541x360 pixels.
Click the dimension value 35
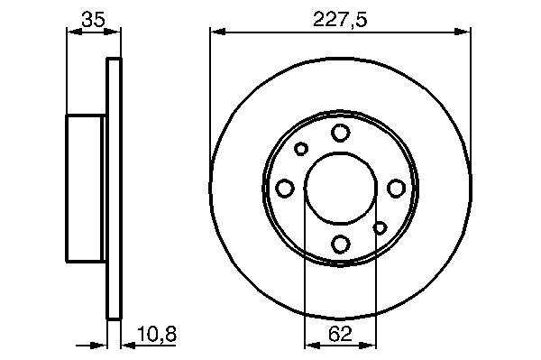(x=93, y=19)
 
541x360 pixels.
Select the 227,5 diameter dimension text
(x=340, y=19)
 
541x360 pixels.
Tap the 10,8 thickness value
(x=157, y=334)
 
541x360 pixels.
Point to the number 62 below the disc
(x=340, y=334)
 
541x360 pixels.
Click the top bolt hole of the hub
(x=341, y=133)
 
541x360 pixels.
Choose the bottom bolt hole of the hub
(x=341, y=244)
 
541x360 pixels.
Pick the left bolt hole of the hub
(x=285, y=189)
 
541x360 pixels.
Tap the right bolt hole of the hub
(x=396, y=189)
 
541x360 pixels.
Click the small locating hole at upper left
(x=301, y=149)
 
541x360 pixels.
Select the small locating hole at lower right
(x=380, y=227)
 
